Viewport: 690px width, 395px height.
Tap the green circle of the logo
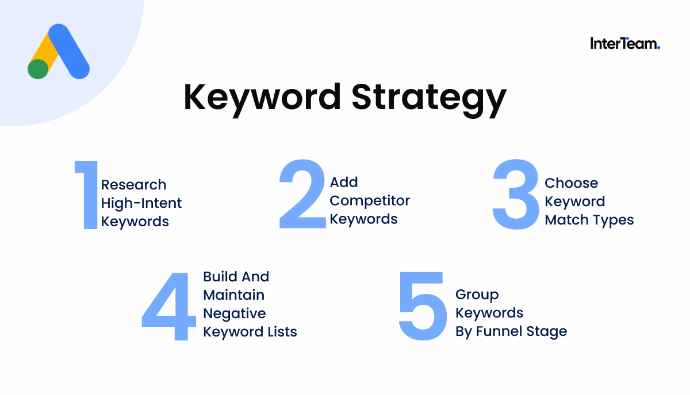[38, 69]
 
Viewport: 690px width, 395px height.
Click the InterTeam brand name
[624, 44]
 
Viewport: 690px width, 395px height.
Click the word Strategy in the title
[429, 98]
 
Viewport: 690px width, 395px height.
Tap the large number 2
[302, 195]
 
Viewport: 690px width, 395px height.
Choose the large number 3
[516, 195]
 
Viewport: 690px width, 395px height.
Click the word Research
[133, 185]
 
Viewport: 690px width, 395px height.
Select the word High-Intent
[141, 203]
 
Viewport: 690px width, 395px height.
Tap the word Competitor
[370, 201]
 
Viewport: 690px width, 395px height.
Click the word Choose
[571, 183]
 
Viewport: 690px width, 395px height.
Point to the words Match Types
[589, 220]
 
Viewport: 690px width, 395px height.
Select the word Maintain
[233, 295]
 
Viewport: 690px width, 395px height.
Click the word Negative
[234, 313]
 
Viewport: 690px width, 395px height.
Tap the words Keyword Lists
[250, 332]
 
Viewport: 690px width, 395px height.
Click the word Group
[477, 295]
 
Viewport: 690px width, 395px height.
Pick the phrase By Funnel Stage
[511, 332]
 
